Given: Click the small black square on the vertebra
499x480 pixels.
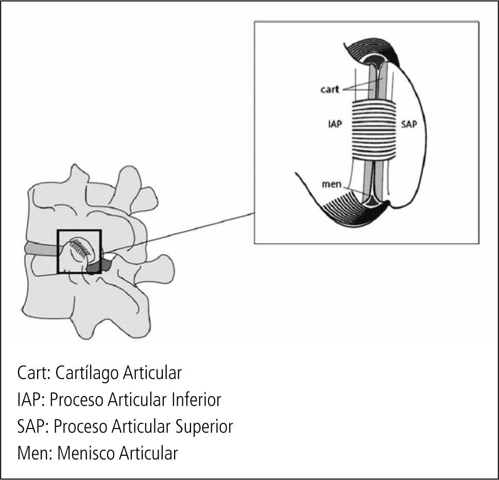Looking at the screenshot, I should tap(79, 251).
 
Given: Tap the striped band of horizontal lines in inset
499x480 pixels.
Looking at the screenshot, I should tap(374, 129).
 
